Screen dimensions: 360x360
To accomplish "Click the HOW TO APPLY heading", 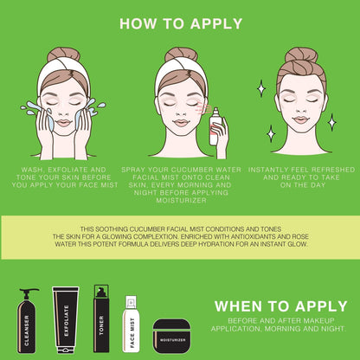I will (180, 23).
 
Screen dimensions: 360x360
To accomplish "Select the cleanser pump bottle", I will (27, 328).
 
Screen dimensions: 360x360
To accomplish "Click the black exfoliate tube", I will (66, 321).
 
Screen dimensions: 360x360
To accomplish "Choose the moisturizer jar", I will (171, 333).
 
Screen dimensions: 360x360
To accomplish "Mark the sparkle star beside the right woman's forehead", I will (260, 87).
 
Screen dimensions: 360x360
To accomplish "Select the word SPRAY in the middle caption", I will (141, 170).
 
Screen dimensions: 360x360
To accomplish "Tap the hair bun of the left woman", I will (65, 54).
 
